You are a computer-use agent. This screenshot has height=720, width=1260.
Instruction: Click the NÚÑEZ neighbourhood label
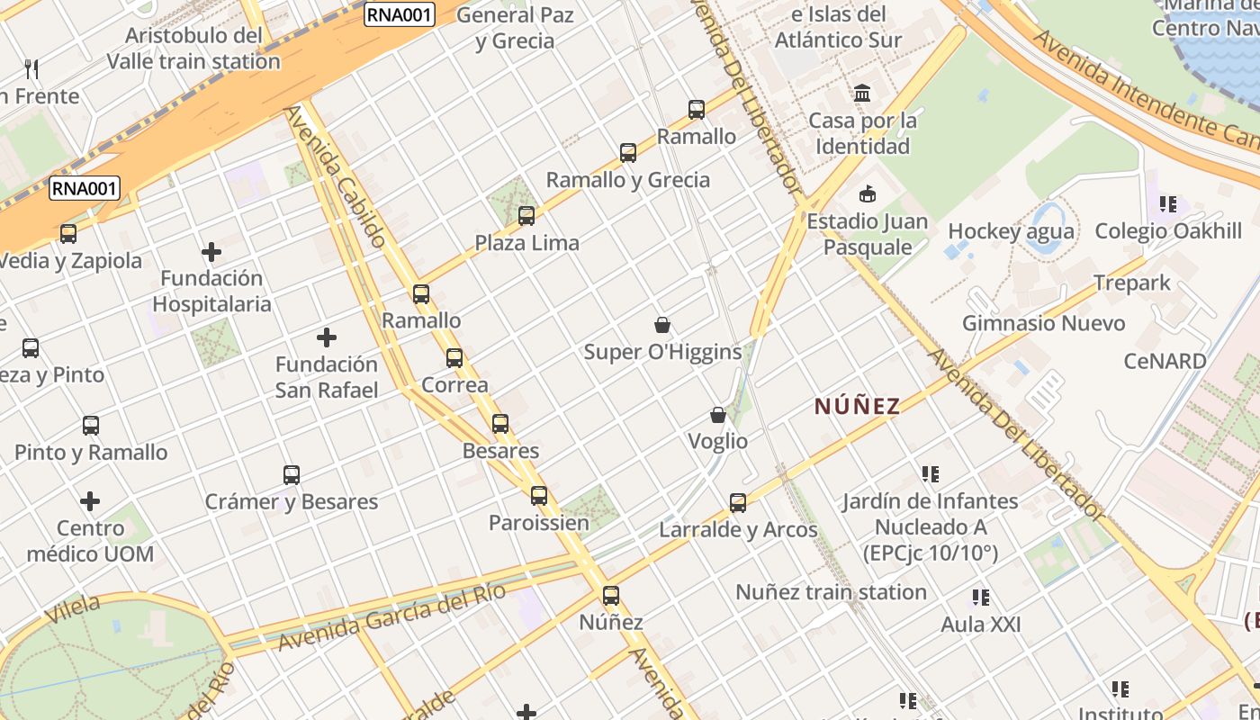857,407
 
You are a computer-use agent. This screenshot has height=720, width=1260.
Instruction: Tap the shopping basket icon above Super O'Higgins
662,325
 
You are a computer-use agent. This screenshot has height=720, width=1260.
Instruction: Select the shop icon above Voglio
718,415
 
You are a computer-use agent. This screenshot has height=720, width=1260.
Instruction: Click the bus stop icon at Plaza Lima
526,216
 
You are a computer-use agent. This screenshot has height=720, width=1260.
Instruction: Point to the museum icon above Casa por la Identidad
863,93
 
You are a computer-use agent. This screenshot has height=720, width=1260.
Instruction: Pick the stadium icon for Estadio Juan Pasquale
868,194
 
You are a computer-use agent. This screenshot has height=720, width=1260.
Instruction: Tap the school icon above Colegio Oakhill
1168,204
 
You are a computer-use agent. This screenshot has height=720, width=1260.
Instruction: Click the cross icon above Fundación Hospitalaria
211,252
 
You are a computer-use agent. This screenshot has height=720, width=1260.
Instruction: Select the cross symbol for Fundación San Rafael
327,338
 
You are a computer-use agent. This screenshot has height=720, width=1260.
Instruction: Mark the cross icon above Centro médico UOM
90,501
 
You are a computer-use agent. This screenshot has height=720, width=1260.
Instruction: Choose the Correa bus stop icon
454,358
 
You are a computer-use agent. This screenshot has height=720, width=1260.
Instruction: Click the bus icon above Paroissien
539,496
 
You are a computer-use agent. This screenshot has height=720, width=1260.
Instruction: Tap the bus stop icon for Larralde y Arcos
738,503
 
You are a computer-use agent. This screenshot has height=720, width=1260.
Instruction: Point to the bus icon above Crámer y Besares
292,474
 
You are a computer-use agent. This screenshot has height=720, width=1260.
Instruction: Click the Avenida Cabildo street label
337,176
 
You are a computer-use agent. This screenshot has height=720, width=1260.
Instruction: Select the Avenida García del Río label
391,617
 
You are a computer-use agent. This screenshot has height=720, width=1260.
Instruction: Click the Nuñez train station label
831,592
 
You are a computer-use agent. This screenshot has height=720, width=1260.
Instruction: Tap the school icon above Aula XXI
981,597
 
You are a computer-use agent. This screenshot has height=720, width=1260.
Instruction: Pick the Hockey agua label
1011,231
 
